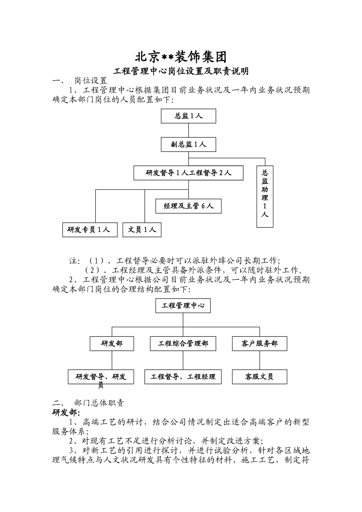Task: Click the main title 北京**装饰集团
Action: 181,57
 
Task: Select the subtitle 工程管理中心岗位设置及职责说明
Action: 181,71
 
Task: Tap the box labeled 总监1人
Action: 188,116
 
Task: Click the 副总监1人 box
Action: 188,144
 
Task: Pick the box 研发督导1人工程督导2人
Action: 188,173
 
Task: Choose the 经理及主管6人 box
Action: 188,206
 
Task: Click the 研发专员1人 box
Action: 90,230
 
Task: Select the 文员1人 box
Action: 142,230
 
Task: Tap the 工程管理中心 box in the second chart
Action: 183,306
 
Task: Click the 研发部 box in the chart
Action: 112,344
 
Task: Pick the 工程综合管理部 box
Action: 183,344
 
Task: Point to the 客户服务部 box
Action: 259,344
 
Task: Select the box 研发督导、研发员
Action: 101,377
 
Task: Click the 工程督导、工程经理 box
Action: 183,377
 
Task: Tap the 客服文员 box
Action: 259,377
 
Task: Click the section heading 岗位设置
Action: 90,81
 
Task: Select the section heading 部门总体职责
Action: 99,403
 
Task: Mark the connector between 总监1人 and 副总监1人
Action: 188,130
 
